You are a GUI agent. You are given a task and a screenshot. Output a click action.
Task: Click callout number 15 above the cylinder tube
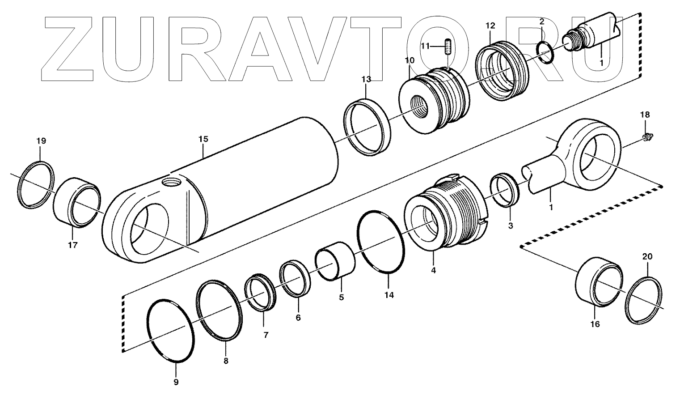(203, 139)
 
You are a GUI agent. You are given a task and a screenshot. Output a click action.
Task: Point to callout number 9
(176, 382)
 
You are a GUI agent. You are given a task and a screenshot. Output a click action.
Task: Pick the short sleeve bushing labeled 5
(335, 262)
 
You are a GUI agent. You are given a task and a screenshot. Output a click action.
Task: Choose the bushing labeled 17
(77, 202)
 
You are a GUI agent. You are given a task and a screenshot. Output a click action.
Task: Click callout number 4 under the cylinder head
(433, 270)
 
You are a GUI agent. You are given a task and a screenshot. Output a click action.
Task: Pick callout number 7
(266, 334)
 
